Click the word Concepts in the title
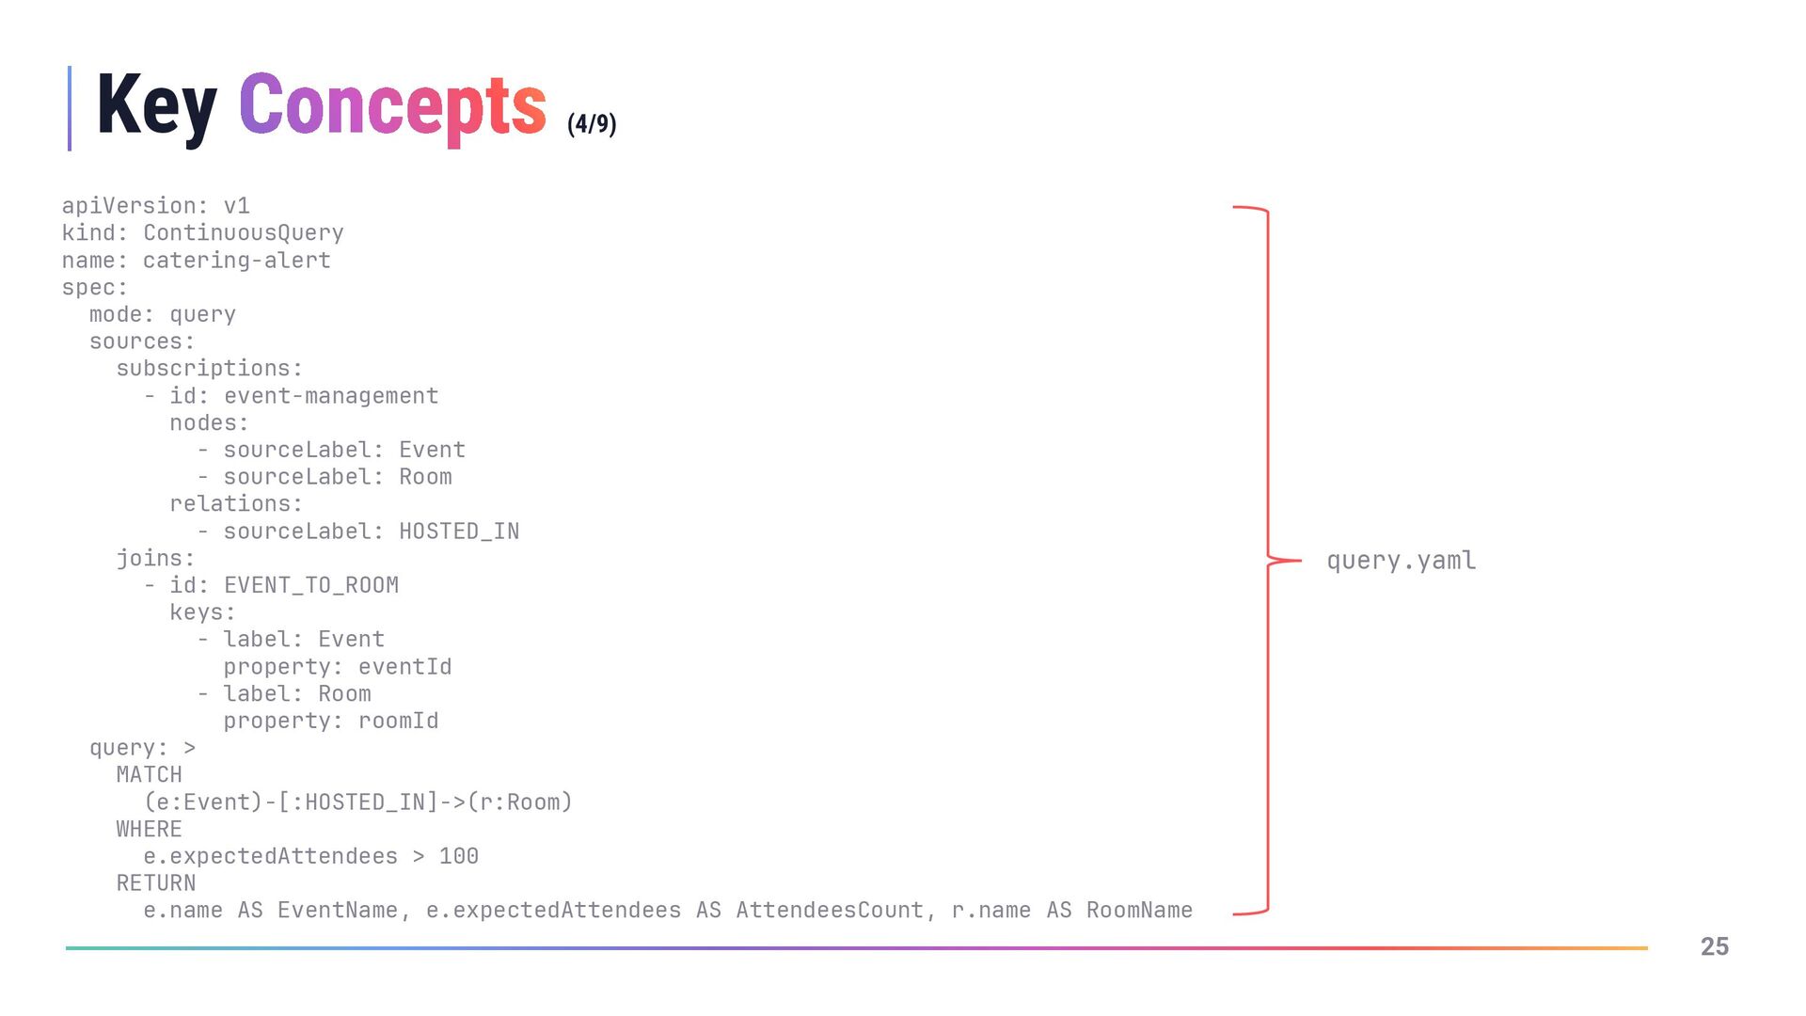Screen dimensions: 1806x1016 point(392,106)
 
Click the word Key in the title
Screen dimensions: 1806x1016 point(156,106)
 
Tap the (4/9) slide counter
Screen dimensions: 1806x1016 point(592,124)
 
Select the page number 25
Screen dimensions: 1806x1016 point(1714,946)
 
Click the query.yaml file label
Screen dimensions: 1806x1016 point(1401,561)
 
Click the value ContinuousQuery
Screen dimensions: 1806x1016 point(243,233)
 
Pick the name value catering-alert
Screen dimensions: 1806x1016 point(236,261)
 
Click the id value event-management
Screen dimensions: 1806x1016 point(331,396)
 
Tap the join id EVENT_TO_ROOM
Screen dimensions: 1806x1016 point(310,585)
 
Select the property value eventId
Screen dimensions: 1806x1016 point(404,667)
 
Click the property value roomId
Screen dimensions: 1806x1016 point(398,722)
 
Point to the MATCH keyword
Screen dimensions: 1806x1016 point(149,775)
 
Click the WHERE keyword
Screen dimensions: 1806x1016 point(149,830)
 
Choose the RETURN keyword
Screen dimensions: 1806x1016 point(156,883)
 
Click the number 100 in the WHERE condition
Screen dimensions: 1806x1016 point(459,857)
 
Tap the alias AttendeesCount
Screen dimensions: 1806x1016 point(830,911)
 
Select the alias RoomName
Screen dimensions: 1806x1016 point(1139,911)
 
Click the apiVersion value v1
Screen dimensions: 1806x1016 point(236,206)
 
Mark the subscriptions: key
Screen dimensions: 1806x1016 point(209,369)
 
